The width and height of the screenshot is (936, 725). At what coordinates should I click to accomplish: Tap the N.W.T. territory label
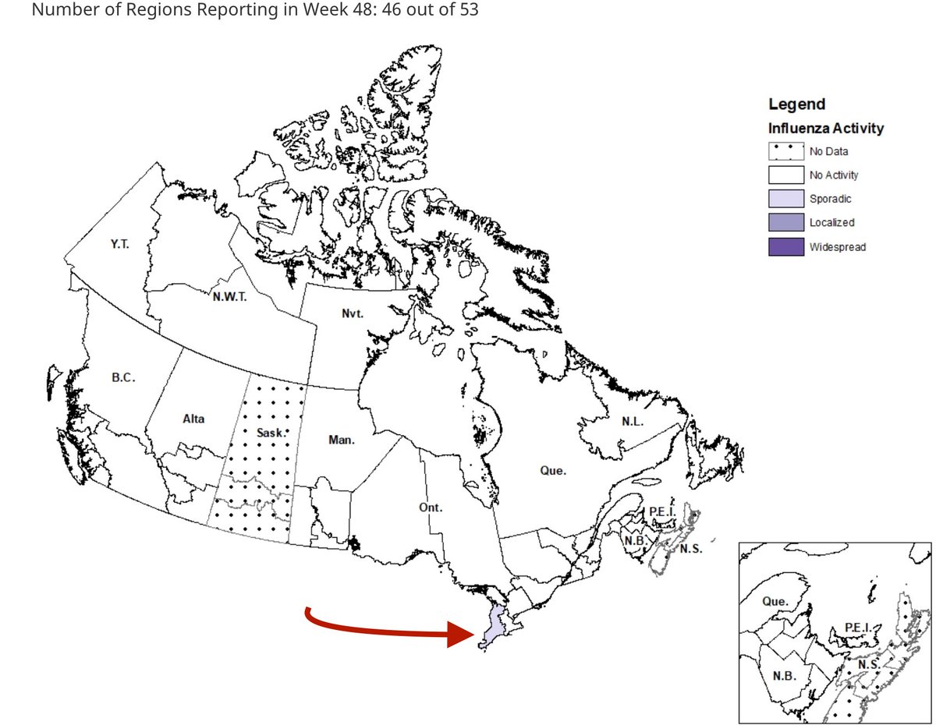(230, 296)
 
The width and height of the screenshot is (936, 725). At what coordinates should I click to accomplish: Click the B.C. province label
(123, 378)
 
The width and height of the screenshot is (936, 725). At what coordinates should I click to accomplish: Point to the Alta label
(193, 419)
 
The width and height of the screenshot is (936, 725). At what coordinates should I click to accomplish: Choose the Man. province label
(342, 440)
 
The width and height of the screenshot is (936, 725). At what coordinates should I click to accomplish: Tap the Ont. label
(430, 507)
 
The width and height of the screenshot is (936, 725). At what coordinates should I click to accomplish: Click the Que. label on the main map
(553, 471)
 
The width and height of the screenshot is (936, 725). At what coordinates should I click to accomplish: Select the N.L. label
(633, 421)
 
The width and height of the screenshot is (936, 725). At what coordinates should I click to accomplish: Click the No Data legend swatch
(785, 152)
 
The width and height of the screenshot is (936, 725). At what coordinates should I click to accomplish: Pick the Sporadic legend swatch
(785, 200)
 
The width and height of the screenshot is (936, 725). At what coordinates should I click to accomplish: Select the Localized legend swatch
(785, 223)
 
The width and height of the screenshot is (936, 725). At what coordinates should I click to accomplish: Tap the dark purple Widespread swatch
(785, 247)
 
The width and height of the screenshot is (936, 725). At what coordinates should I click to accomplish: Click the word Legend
(796, 104)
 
